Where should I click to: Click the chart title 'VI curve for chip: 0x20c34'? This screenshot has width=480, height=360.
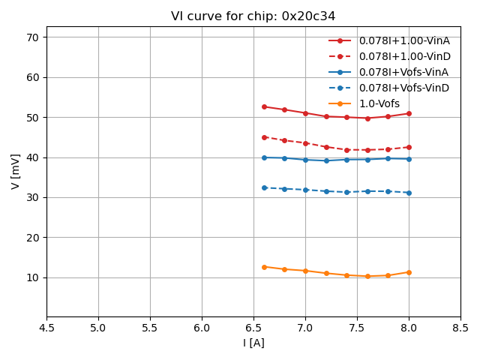(x=253, y=16)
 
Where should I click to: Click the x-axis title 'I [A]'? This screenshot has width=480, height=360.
(x=253, y=343)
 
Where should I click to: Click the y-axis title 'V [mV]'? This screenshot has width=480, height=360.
(x=16, y=172)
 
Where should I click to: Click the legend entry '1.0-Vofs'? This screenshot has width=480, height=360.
(x=379, y=103)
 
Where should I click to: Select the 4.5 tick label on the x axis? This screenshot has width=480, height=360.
(x=46, y=328)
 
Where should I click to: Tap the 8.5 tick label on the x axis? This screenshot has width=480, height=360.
(x=460, y=328)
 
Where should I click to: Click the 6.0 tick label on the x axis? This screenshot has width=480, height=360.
(x=202, y=328)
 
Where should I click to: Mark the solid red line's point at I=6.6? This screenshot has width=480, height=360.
(x=264, y=106)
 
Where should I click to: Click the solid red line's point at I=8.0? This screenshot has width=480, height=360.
(x=409, y=113)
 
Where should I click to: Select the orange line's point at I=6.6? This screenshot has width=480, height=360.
(x=264, y=267)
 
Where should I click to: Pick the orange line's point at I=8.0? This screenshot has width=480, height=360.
(x=409, y=272)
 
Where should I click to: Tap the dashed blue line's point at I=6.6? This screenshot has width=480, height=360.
(x=264, y=187)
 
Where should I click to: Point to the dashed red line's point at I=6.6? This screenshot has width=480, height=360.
(x=264, y=137)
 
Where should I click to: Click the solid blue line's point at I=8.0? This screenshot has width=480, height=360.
(x=409, y=159)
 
